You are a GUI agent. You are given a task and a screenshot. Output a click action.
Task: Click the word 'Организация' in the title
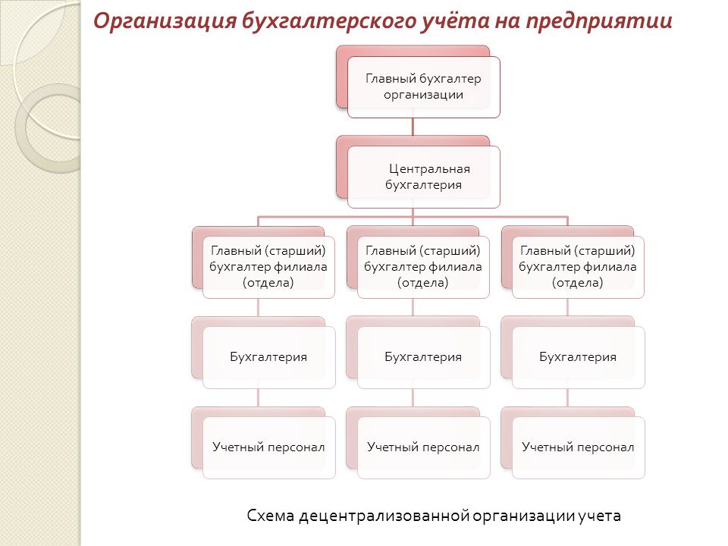[165, 21]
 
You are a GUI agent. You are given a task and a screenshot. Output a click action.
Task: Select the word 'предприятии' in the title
[599, 21]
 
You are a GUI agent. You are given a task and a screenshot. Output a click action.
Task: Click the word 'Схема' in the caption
[270, 516]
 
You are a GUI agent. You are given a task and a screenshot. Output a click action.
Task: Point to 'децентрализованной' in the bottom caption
[384, 516]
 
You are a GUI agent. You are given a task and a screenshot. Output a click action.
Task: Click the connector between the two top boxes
[413, 127]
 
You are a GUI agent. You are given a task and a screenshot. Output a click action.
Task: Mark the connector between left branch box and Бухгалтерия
[258, 307]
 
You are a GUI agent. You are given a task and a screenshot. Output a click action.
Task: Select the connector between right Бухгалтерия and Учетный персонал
[567, 398]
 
